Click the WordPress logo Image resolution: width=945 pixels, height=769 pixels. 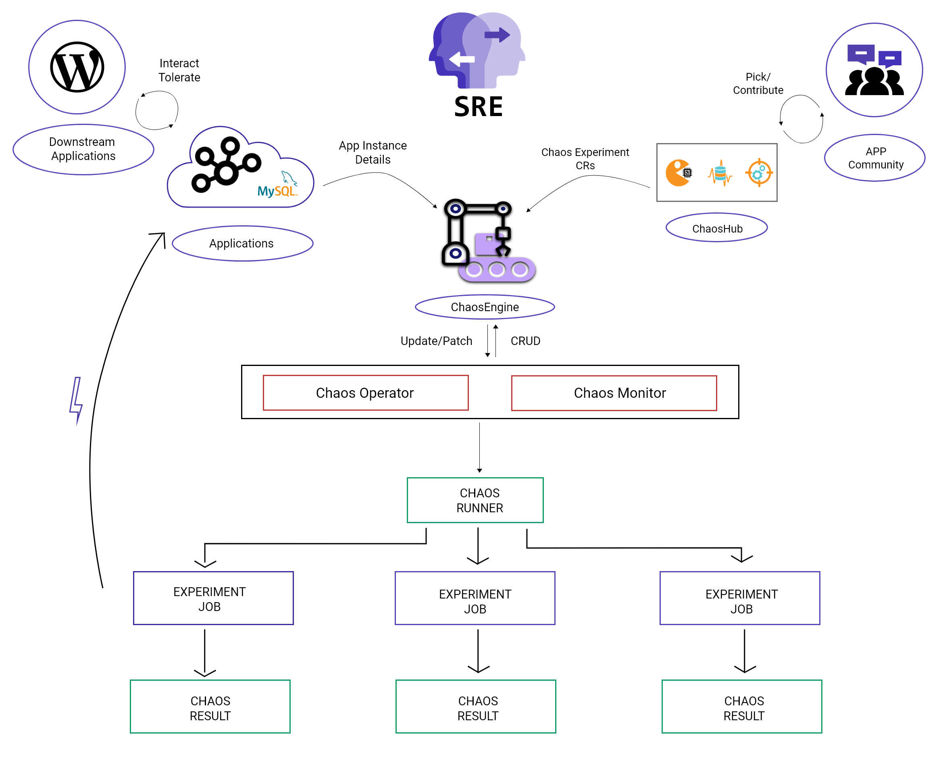(77, 67)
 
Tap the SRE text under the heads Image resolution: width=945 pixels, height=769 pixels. (479, 107)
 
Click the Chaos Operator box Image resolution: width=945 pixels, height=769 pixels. (366, 393)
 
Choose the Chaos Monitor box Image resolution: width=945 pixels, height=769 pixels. (614, 393)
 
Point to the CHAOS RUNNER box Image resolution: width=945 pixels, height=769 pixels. (475, 500)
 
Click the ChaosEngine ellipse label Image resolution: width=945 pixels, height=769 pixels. (485, 307)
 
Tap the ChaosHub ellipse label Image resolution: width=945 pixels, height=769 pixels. (716, 228)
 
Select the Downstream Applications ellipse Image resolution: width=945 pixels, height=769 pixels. (83, 149)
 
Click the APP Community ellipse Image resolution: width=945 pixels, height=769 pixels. (874, 158)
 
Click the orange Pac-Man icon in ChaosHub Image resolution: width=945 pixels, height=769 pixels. (678, 173)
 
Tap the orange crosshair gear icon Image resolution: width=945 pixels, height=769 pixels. (759, 173)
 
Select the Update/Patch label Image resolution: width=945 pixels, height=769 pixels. (436, 341)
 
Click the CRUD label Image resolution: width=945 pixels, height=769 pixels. (525, 341)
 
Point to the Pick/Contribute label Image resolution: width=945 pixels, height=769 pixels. (758, 83)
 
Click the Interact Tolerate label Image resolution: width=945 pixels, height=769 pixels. (179, 70)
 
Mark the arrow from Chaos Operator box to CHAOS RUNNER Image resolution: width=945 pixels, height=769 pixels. (479, 447)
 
